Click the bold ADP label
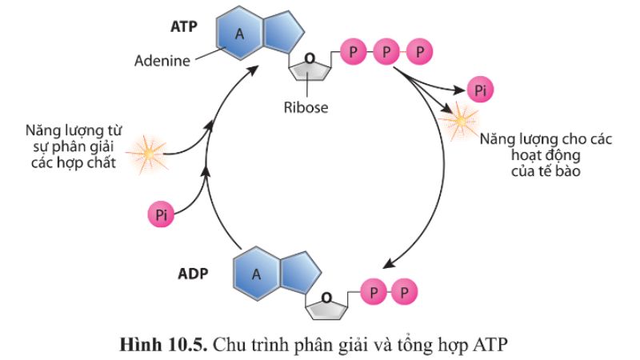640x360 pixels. point(193,273)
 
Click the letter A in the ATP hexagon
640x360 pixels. point(238,34)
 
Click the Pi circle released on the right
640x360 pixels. point(480,90)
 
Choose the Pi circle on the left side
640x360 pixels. point(161,214)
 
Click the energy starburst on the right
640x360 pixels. point(460,122)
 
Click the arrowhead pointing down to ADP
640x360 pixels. point(390,265)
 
